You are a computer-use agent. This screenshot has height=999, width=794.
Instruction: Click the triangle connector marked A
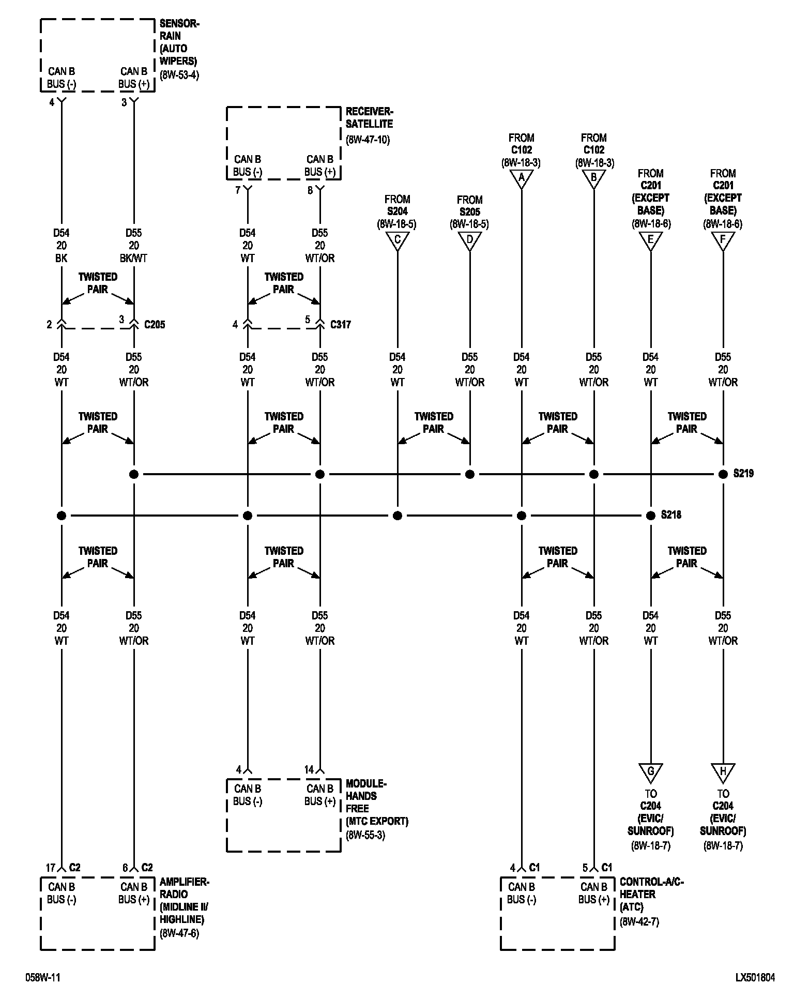coord(521,178)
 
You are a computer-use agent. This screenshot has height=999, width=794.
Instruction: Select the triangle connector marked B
coord(593,178)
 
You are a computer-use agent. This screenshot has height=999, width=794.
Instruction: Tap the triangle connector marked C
coord(397,240)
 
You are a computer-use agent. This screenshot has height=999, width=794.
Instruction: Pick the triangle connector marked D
coord(469,240)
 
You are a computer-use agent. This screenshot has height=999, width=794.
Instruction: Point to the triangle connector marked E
coord(650,239)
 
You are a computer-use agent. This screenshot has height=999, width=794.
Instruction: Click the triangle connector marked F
coord(723,239)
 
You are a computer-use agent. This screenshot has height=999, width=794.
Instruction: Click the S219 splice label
coord(743,474)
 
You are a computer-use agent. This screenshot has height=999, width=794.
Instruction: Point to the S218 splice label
coord(671,515)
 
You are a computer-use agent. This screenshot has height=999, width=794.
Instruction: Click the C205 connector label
coord(155,325)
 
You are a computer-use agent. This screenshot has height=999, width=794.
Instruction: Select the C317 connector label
coord(341,325)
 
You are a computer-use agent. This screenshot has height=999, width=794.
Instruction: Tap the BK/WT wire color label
coord(134,258)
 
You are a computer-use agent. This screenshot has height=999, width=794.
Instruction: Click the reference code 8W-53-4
coord(179,74)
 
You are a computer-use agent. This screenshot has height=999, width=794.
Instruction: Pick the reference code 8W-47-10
coord(368,140)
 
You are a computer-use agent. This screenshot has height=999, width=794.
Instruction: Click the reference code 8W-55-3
coord(365,835)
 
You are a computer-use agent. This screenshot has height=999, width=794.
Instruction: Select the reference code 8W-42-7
coord(639,921)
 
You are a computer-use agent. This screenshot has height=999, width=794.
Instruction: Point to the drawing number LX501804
coord(755,977)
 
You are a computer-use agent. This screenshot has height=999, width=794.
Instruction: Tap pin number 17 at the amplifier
coord(50,868)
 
